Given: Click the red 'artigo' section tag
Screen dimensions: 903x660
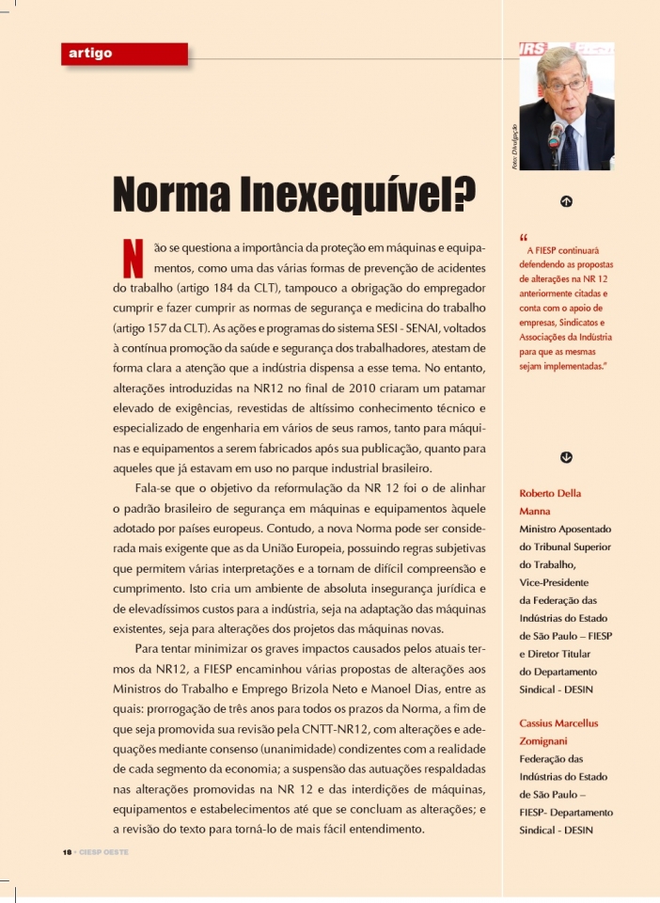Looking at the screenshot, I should (x=90, y=54).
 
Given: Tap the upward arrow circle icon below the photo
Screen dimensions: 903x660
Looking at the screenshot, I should (x=566, y=201).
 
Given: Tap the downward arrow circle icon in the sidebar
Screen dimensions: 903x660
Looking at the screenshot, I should (x=566, y=457).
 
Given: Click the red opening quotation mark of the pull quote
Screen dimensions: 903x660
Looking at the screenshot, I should (x=523, y=236).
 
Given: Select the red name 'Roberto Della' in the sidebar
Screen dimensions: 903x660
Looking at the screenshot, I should (x=550, y=493).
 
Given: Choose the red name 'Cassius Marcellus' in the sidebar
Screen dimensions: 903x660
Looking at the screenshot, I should (x=558, y=722).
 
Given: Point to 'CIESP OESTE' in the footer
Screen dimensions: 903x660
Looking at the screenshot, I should (x=102, y=851).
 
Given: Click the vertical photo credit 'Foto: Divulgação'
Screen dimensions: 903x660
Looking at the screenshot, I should (x=514, y=147).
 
